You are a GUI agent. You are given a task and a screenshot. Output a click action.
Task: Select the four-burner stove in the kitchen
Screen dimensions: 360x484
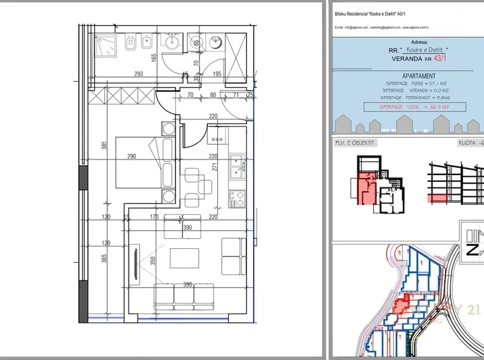[236, 199]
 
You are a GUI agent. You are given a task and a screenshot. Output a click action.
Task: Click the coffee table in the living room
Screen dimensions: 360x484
[184, 258]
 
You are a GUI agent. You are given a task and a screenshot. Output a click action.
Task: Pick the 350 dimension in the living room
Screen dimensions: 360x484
[153, 260]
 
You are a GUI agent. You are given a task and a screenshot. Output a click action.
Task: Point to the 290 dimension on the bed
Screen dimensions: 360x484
[132, 156]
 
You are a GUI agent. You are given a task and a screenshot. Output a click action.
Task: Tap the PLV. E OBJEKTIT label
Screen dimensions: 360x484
[354, 143]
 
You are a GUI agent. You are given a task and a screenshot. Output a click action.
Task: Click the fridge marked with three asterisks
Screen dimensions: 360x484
[218, 140]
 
